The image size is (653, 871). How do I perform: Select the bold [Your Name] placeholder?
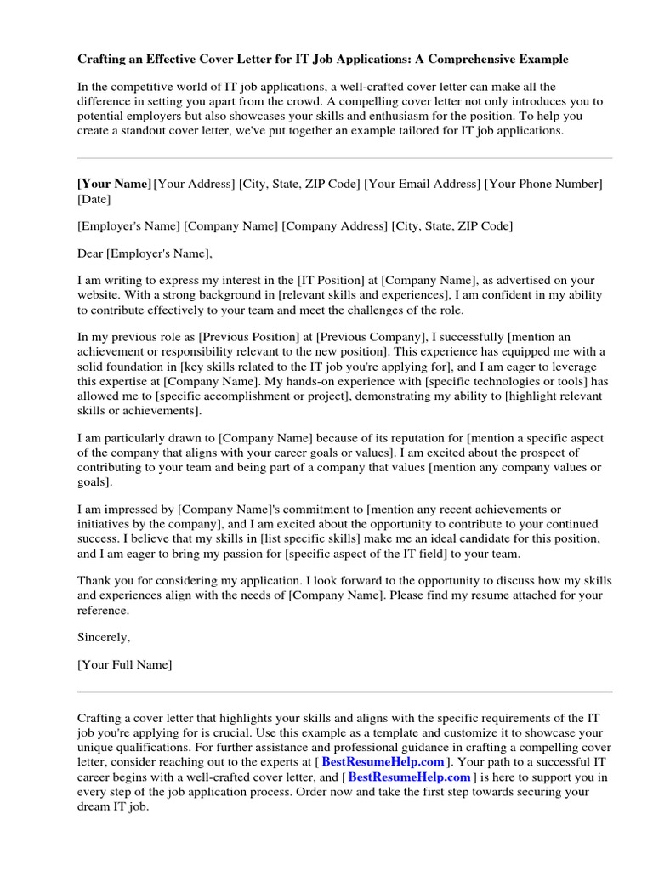[114, 184]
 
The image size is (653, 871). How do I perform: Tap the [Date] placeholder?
[94, 200]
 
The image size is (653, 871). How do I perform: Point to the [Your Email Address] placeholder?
[422, 184]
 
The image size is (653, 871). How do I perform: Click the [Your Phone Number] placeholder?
[543, 184]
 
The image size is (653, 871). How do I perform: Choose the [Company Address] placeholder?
[334, 226]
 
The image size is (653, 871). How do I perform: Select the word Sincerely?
[104, 637]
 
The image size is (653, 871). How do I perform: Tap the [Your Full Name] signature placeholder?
[124, 664]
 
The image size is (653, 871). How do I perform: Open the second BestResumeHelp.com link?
[409, 777]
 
